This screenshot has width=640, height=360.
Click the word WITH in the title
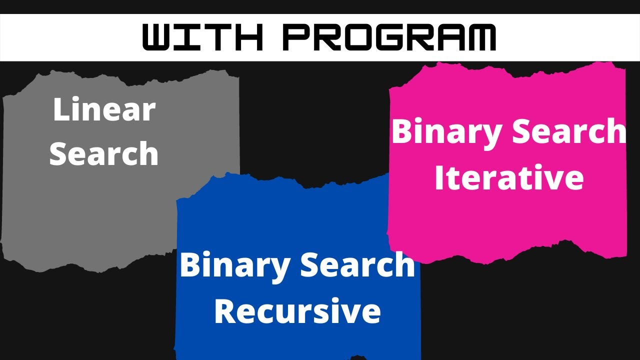coord(202,37)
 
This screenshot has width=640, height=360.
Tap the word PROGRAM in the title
coord(389,37)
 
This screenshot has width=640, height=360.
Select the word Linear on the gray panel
coord(104,110)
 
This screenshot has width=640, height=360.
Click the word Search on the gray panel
coord(104,153)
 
